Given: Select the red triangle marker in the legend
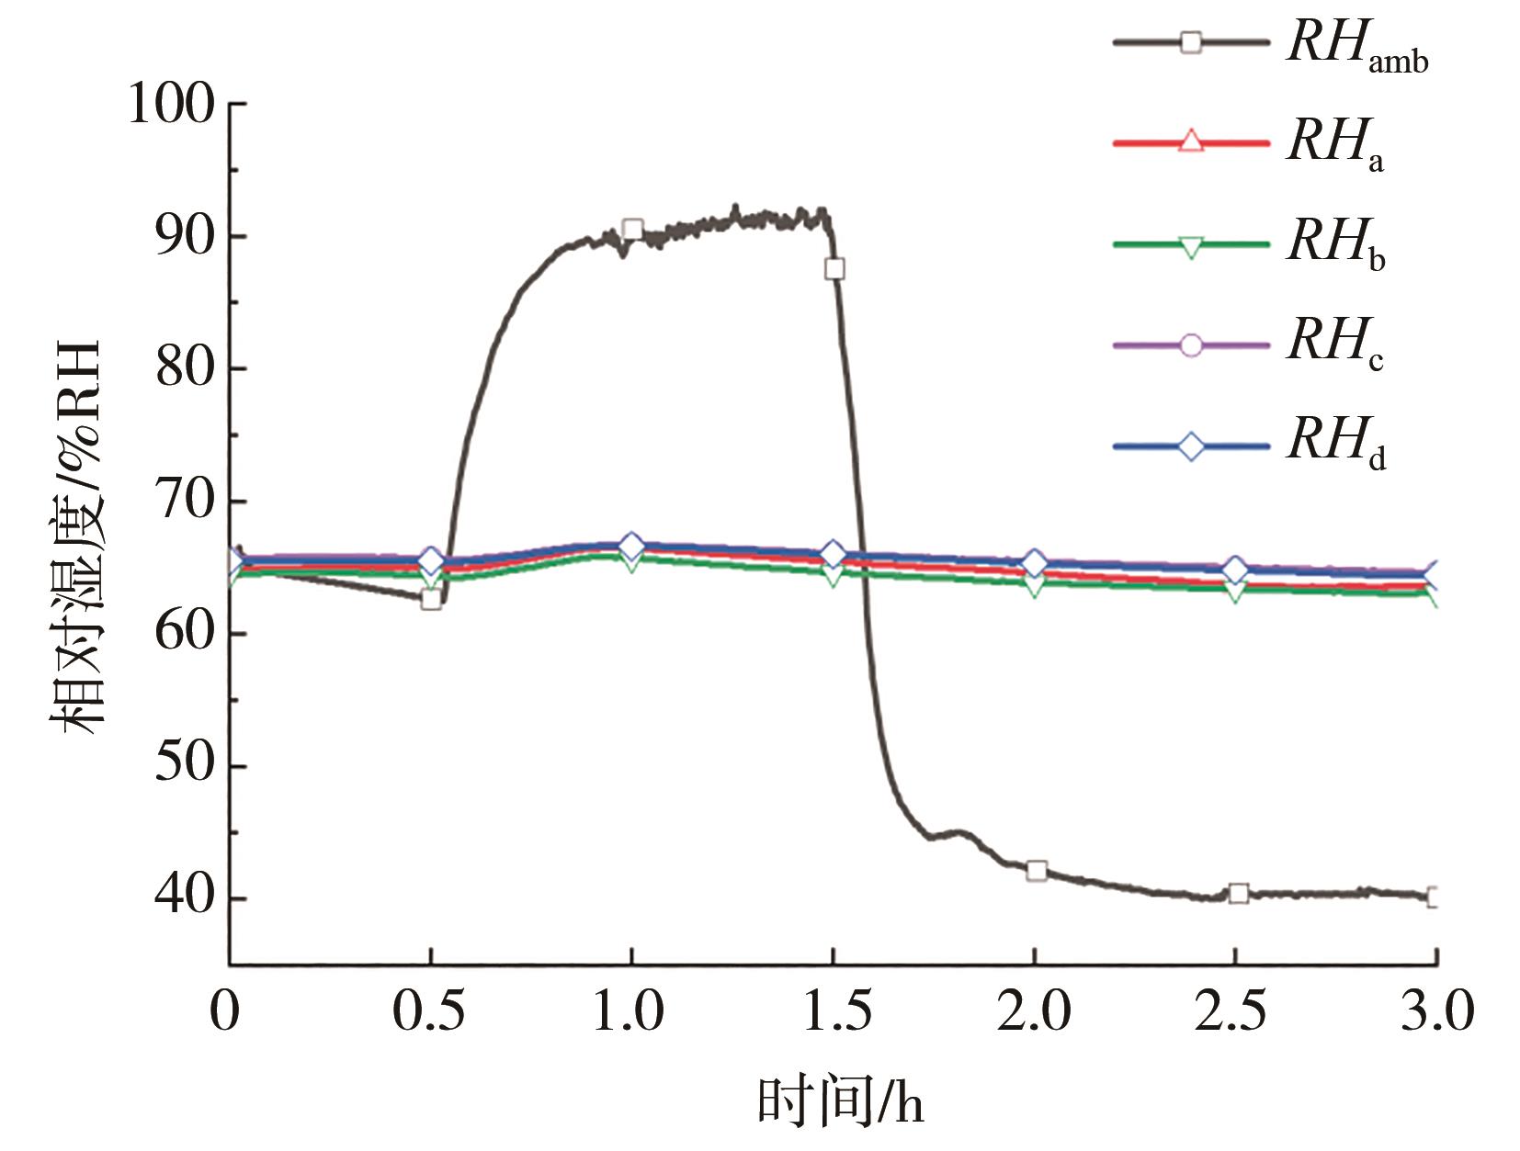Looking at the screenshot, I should [x=1190, y=142].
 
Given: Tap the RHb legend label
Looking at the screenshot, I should [x=1336, y=244].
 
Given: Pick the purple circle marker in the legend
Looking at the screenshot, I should [x=1190, y=345].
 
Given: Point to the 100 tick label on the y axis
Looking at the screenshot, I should [x=172, y=103].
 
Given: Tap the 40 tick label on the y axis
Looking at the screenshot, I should [x=186, y=897].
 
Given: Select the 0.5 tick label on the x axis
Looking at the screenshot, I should [x=429, y=1011].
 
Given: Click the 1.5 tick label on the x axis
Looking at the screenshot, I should [x=833, y=1011].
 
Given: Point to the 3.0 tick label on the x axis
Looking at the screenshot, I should [x=1436, y=1011].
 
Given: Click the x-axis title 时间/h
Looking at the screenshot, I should [x=840, y=1100].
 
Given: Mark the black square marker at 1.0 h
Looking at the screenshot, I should [x=632, y=230].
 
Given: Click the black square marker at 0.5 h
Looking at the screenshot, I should [x=430, y=600].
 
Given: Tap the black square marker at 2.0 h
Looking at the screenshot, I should [x=1037, y=871].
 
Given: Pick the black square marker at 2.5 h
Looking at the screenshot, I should [x=1238, y=893].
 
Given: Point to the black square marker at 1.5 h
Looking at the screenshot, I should [x=834, y=268].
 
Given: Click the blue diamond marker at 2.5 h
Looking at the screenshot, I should [x=1236, y=570].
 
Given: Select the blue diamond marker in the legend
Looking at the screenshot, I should [x=1190, y=447].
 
